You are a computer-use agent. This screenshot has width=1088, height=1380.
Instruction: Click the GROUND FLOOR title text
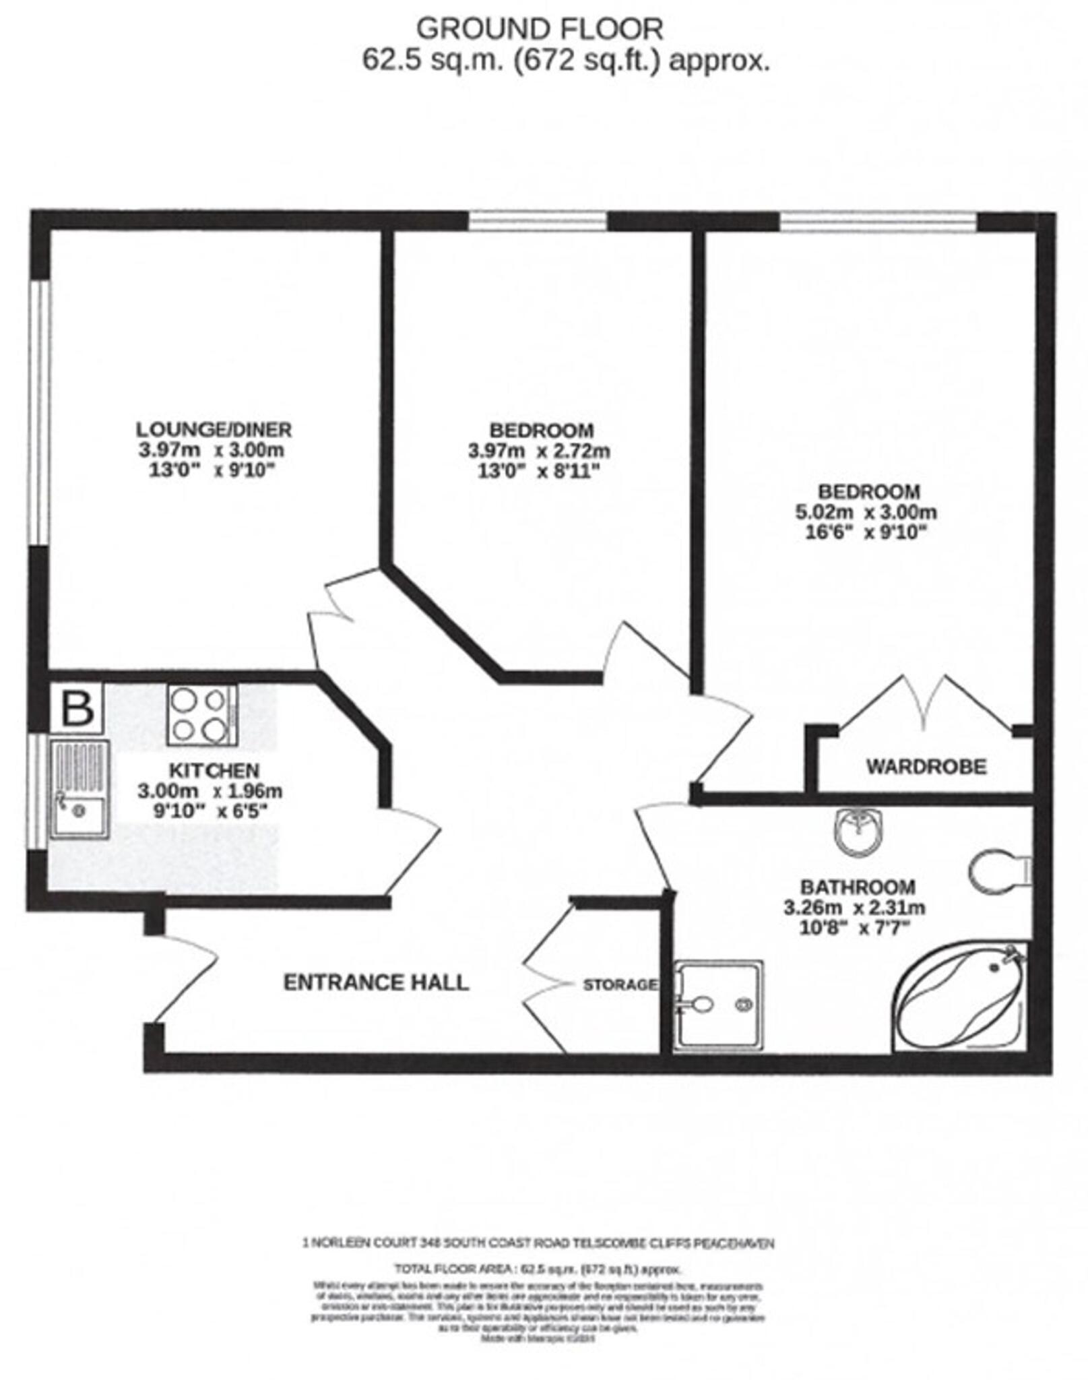[x=540, y=29]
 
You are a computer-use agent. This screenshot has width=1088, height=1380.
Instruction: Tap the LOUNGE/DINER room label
[x=214, y=429]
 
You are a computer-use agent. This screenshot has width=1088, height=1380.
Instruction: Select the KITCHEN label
[x=214, y=770]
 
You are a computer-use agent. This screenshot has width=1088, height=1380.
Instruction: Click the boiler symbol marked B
[x=77, y=708]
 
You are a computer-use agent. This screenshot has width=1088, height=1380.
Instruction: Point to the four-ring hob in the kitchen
[x=201, y=715]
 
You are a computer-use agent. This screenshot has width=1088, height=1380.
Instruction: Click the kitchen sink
[x=79, y=789]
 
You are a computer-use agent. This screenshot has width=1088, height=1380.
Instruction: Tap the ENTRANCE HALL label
[x=375, y=982]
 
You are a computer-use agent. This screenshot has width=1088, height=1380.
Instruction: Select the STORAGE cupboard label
[x=619, y=984]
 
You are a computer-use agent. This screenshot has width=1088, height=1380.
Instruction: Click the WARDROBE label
[x=926, y=766]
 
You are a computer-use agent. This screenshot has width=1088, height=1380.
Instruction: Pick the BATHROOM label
[x=857, y=887]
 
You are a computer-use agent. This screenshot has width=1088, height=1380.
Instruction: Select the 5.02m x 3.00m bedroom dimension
[x=866, y=512]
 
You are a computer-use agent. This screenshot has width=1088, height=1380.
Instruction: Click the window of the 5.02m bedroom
[x=878, y=222]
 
